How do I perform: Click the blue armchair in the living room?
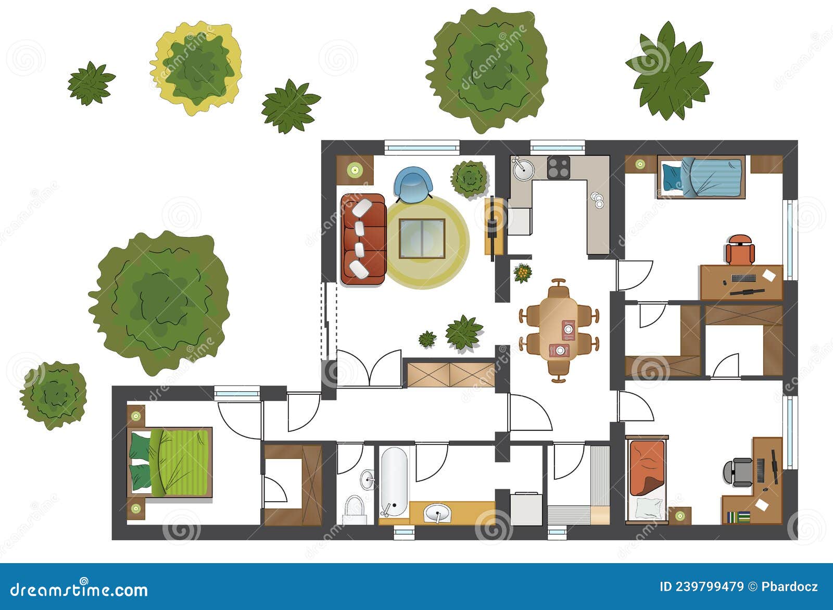(413, 183)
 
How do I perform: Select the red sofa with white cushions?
(363, 239)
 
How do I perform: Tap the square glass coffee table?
(422, 239)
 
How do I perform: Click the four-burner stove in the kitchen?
(559, 168)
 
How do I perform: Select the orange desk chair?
(740, 250)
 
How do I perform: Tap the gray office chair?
(738, 471)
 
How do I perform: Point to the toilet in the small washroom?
(355, 509)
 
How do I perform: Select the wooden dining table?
(559, 330)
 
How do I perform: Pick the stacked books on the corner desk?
(738, 517)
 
